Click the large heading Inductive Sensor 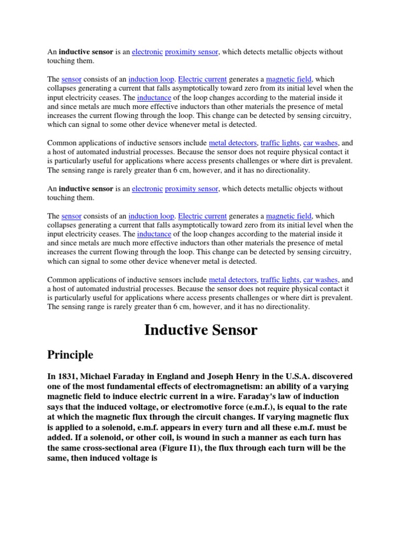[x=201, y=330]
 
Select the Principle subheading [x=71, y=355]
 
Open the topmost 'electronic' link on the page [x=147, y=52]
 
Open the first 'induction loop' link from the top [x=151, y=80]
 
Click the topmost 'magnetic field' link [x=289, y=80]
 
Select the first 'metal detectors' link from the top [x=233, y=143]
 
